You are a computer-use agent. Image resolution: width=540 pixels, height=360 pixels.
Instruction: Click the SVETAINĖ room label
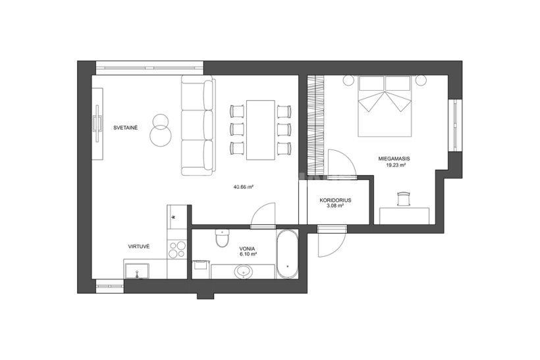click(x=126, y=128)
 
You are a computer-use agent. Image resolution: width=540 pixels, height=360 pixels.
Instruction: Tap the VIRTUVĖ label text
click(x=139, y=246)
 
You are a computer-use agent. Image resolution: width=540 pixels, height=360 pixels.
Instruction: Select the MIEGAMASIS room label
click(x=394, y=159)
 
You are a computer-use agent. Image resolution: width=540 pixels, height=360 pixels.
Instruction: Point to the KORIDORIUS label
click(x=335, y=200)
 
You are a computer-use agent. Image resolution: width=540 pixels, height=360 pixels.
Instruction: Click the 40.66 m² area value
click(x=244, y=187)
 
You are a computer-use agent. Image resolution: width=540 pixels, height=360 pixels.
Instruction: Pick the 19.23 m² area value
click(x=396, y=165)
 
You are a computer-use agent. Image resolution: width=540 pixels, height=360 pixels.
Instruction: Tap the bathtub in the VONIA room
click(x=287, y=254)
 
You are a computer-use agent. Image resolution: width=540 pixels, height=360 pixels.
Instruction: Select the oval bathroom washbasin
click(x=244, y=272)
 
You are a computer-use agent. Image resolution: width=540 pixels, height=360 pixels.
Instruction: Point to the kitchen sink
click(x=137, y=271)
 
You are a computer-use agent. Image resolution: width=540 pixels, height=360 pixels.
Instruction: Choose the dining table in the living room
click(x=261, y=130)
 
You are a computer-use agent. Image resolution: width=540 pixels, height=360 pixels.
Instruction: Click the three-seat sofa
click(x=198, y=125)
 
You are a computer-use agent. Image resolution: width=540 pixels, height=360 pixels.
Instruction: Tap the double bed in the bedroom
click(x=385, y=107)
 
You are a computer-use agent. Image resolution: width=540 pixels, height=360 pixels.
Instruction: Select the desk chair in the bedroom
click(x=404, y=199)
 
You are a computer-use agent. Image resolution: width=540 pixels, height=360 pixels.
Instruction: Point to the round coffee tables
click(x=160, y=131)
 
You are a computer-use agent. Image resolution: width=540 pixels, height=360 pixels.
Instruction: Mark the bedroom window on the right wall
click(x=455, y=125)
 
